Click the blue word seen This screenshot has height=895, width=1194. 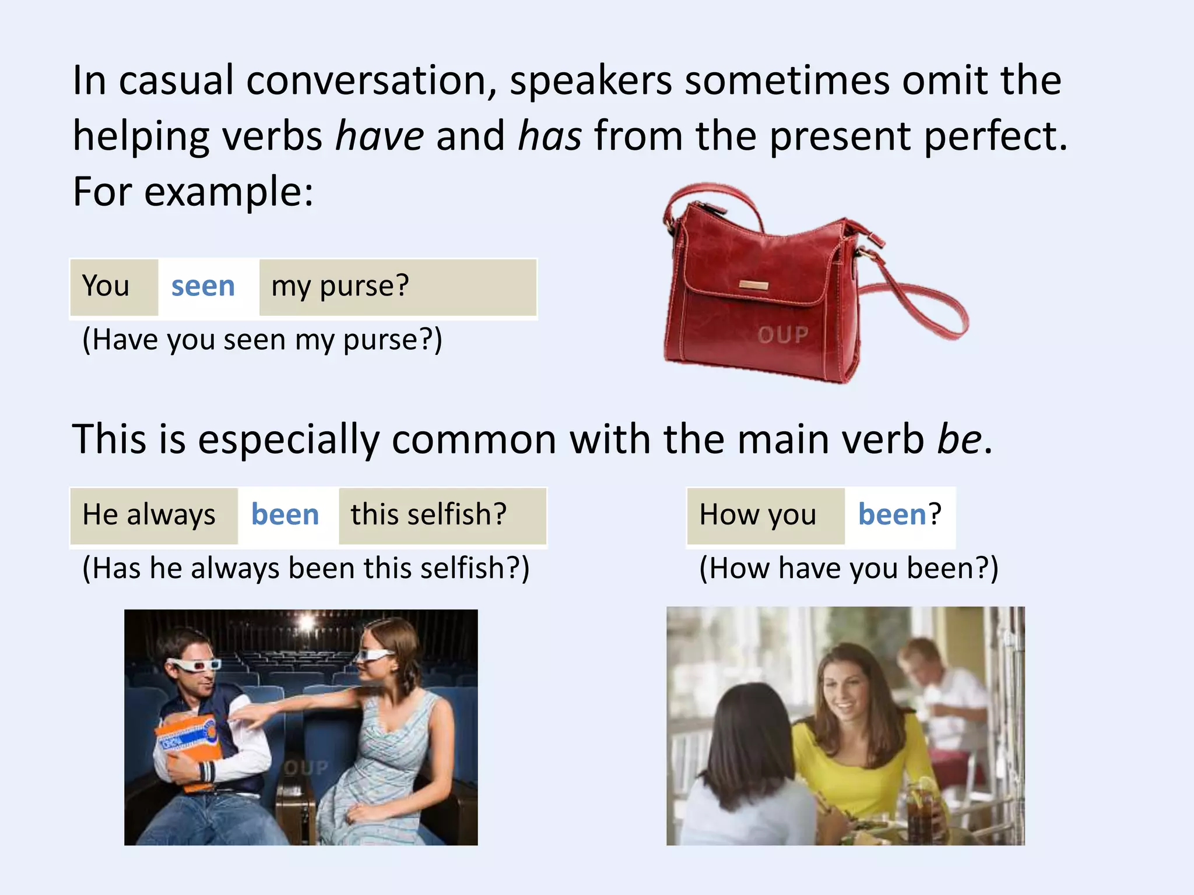[x=203, y=287]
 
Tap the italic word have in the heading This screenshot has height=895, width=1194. [x=380, y=136]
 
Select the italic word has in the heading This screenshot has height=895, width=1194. [x=549, y=136]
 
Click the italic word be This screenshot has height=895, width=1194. [x=959, y=439]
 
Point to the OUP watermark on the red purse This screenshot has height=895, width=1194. [x=783, y=335]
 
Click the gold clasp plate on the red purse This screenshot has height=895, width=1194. [x=754, y=286]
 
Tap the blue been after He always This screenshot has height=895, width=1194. [x=285, y=515]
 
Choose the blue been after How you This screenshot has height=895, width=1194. [x=892, y=515]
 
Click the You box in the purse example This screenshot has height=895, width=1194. [x=106, y=287]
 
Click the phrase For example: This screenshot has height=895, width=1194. [x=193, y=192]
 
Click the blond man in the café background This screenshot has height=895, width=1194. [x=927, y=670]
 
